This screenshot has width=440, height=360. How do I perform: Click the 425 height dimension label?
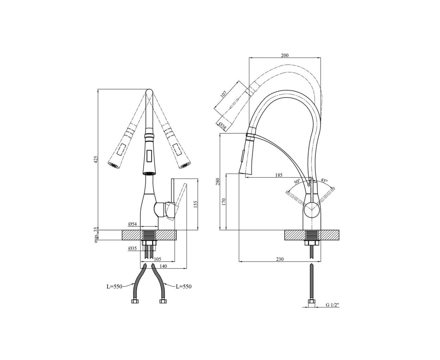tap(96, 159)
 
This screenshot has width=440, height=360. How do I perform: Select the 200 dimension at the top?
tap(285, 55)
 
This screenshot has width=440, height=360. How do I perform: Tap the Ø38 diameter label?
tap(222, 126)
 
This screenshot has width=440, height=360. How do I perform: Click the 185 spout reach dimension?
tap(279, 175)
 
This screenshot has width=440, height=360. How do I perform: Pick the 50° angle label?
tap(297, 181)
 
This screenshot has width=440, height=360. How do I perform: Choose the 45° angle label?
tap(324, 180)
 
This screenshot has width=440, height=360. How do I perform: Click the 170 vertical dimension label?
tap(224, 202)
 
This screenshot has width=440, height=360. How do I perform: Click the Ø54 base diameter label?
tap(132, 224)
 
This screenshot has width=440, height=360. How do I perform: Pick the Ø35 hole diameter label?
tap(132, 248)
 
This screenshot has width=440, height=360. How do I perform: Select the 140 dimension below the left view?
tap(163, 266)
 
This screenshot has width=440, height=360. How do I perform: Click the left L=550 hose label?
tap(115, 287)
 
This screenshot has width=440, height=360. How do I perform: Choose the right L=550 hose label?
tap(183, 287)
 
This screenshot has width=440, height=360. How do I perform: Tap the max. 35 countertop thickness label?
tap(96, 235)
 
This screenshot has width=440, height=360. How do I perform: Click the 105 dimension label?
tap(157, 259)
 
